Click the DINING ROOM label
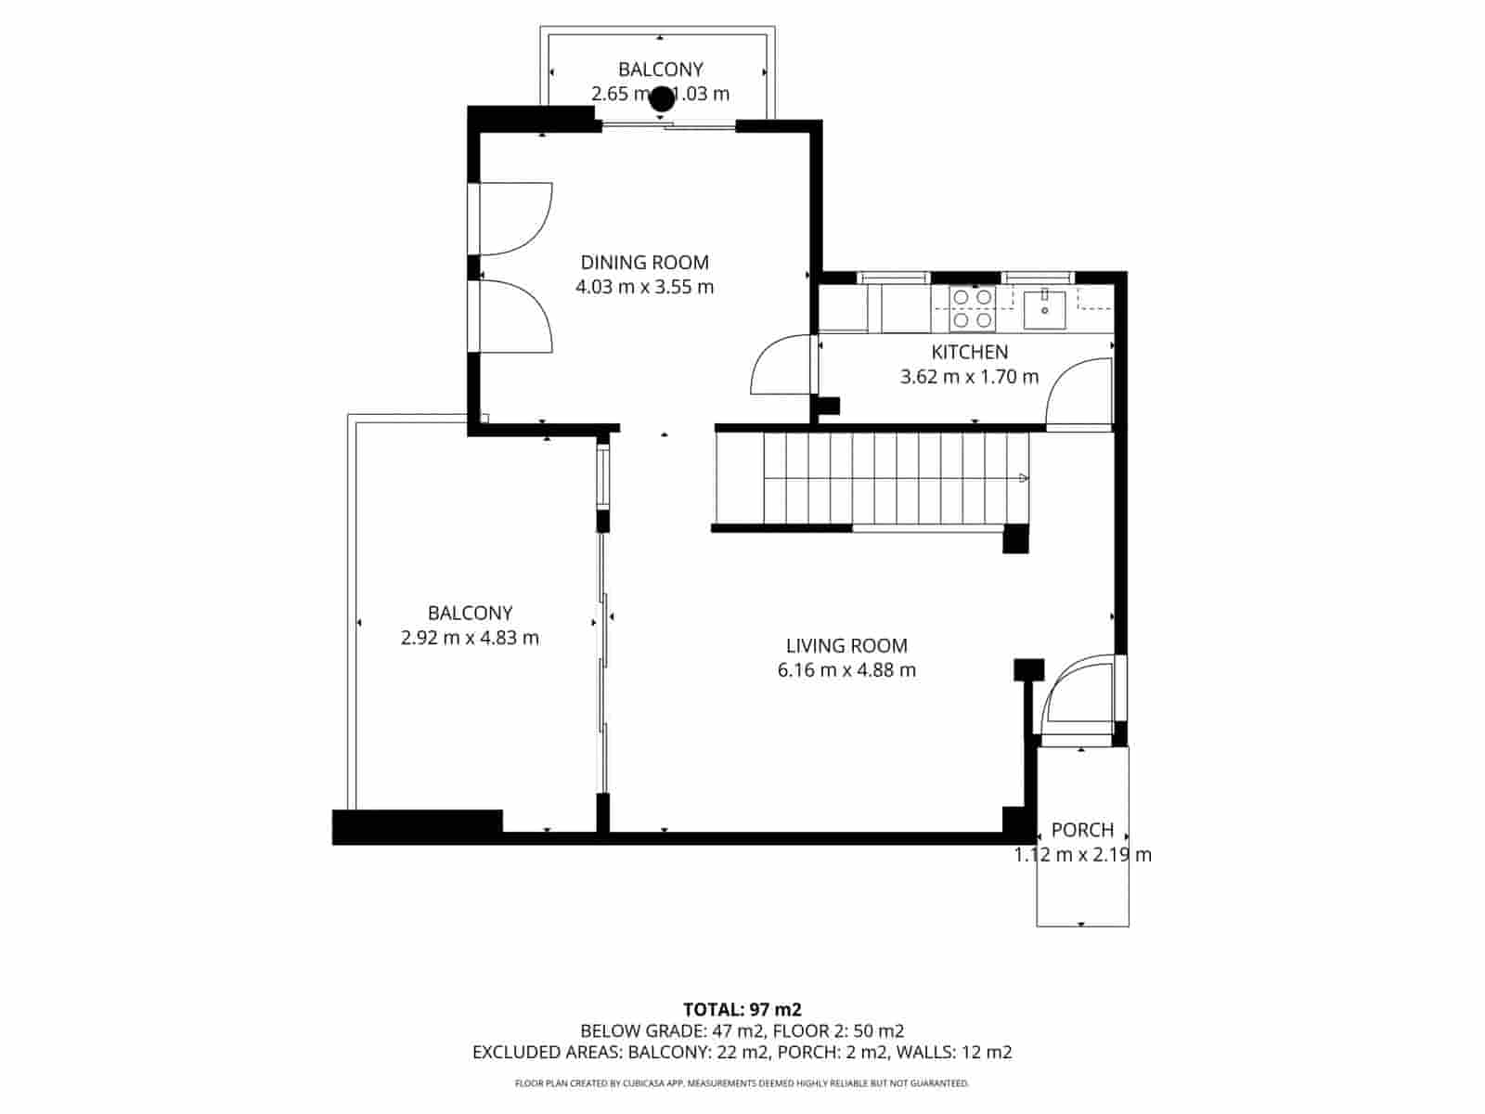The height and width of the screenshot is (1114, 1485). (644, 263)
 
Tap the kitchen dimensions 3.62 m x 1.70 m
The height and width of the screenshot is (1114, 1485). (969, 377)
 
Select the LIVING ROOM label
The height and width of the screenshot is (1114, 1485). (846, 646)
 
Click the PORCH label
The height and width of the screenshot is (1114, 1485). (1082, 830)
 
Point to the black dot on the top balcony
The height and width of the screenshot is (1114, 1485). (662, 98)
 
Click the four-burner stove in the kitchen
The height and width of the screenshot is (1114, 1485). (972, 308)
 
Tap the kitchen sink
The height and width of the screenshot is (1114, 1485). (1044, 308)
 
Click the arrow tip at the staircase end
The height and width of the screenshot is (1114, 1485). (1024, 478)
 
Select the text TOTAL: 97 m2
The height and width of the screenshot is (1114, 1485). (742, 1009)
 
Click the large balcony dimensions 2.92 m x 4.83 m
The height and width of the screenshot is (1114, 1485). (470, 638)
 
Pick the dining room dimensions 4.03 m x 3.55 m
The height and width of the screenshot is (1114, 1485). (644, 287)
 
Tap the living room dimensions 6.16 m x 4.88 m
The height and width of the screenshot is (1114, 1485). (846, 670)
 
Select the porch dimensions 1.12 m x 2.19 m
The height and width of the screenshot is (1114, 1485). (1082, 855)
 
